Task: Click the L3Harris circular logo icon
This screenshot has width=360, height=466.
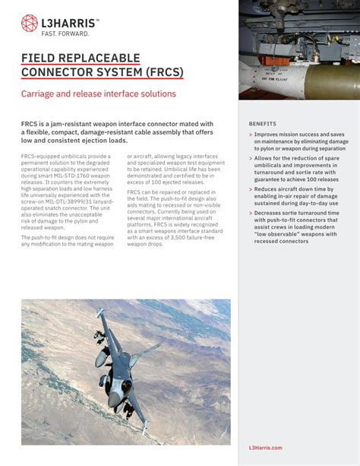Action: tap(29, 23)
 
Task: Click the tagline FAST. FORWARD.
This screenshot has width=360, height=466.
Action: tap(65, 34)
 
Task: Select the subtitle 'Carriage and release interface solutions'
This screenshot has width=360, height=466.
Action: tap(99, 94)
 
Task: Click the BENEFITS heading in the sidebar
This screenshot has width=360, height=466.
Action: tap(263, 123)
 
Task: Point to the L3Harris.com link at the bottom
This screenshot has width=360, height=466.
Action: tap(266, 448)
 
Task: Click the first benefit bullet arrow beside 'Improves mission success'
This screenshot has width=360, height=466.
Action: tap(251, 135)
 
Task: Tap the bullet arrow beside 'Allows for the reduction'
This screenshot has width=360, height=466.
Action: tap(251, 158)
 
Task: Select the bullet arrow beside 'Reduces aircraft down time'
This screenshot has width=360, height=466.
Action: tap(251, 189)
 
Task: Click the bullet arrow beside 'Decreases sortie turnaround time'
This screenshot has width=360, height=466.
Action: tap(251, 213)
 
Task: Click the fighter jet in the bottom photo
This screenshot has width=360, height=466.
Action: tap(122, 365)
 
